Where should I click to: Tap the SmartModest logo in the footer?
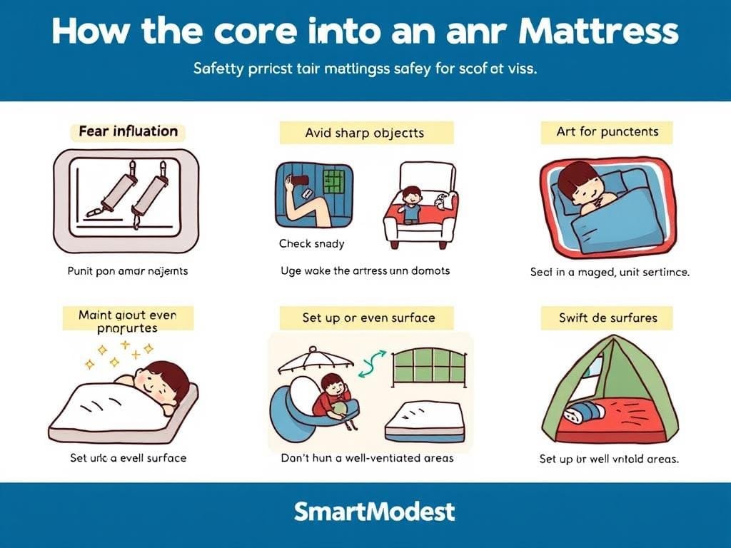click(x=373, y=511)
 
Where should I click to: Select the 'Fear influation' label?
click(x=128, y=131)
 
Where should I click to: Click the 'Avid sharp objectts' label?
click(x=365, y=133)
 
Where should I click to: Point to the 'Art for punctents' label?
click(x=608, y=131)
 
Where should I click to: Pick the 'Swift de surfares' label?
click(x=608, y=318)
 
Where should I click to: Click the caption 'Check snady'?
click(x=311, y=243)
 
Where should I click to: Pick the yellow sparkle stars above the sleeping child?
click(x=119, y=353)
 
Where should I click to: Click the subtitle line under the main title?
click(x=365, y=71)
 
